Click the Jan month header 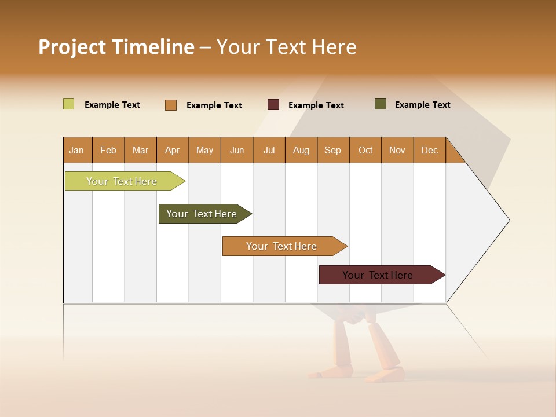[x=76, y=150]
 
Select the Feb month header [x=108, y=150]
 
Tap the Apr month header [x=172, y=150]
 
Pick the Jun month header [x=237, y=150]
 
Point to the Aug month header [x=301, y=150]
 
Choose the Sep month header [x=333, y=150]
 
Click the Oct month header [x=365, y=150]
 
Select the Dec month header [x=429, y=150]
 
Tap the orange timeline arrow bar [x=282, y=246]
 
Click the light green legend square [x=68, y=104]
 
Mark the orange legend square [x=170, y=105]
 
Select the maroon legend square [x=273, y=105]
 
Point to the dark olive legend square [x=380, y=104]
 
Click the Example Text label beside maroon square [x=316, y=105]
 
